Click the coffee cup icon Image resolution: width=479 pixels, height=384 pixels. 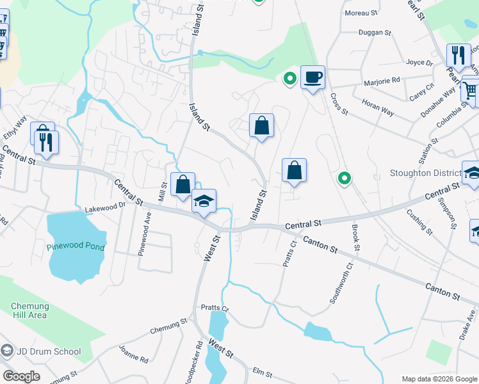click(313, 78)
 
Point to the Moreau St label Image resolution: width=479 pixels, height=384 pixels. click(361, 13)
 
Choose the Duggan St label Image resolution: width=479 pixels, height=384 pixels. click(375, 32)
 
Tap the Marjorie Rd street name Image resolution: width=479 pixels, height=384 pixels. click(382, 81)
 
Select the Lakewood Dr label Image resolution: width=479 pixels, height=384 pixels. click(106, 208)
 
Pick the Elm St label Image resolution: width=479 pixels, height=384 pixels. click(263, 372)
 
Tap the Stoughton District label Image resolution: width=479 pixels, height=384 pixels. click(425, 173)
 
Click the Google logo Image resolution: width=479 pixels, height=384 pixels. click(20, 376)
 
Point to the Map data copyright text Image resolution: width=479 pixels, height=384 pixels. click(439, 379)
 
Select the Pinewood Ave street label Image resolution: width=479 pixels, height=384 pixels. click(145, 234)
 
